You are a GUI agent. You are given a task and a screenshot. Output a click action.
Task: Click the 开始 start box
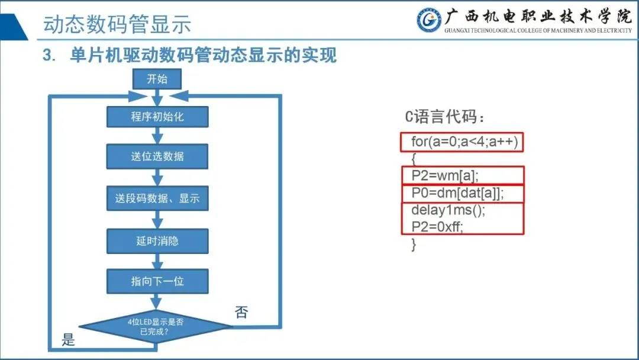[x=157, y=79]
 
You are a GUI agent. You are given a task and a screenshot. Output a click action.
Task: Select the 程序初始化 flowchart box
[x=157, y=116]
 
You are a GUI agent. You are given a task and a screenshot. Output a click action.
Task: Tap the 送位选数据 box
[x=157, y=156]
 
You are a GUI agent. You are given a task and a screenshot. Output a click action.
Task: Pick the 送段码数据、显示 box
[x=157, y=198]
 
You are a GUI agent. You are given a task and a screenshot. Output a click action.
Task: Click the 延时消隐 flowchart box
[x=157, y=241]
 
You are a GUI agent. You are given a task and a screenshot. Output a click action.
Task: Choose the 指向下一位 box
[x=157, y=281]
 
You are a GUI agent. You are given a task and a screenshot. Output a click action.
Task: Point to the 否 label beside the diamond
[x=241, y=313]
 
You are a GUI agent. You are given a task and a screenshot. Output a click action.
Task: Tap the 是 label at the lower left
[x=69, y=340]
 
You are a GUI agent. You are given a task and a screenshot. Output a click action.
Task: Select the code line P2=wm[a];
[x=444, y=176]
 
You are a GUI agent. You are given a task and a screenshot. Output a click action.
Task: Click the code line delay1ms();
[x=443, y=210]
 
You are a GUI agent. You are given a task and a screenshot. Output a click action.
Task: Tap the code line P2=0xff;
[x=437, y=227]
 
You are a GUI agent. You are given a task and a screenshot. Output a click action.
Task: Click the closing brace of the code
[x=414, y=244]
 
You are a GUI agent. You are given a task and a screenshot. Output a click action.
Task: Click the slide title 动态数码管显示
[x=117, y=25]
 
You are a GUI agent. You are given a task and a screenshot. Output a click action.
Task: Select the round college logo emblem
[x=429, y=21]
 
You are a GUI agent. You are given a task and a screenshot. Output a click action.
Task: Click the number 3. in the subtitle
[x=49, y=56]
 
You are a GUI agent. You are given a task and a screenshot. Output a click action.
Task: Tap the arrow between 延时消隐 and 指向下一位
[x=157, y=261]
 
